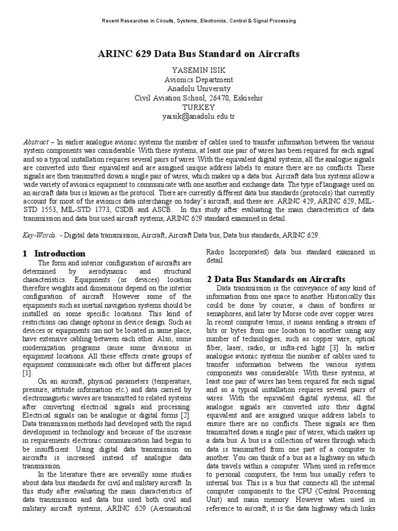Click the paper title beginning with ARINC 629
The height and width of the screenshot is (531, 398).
(x=199, y=54)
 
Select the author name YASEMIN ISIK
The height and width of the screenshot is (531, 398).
(x=199, y=71)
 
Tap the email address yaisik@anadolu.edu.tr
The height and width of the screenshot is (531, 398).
(x=199, y=117)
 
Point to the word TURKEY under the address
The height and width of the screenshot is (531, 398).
(x=199, y=107)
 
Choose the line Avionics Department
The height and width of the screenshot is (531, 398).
(x=199, y=80)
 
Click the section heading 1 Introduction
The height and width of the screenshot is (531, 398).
(x=54, y=254)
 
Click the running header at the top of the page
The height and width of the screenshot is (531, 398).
(x=199, y=21)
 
